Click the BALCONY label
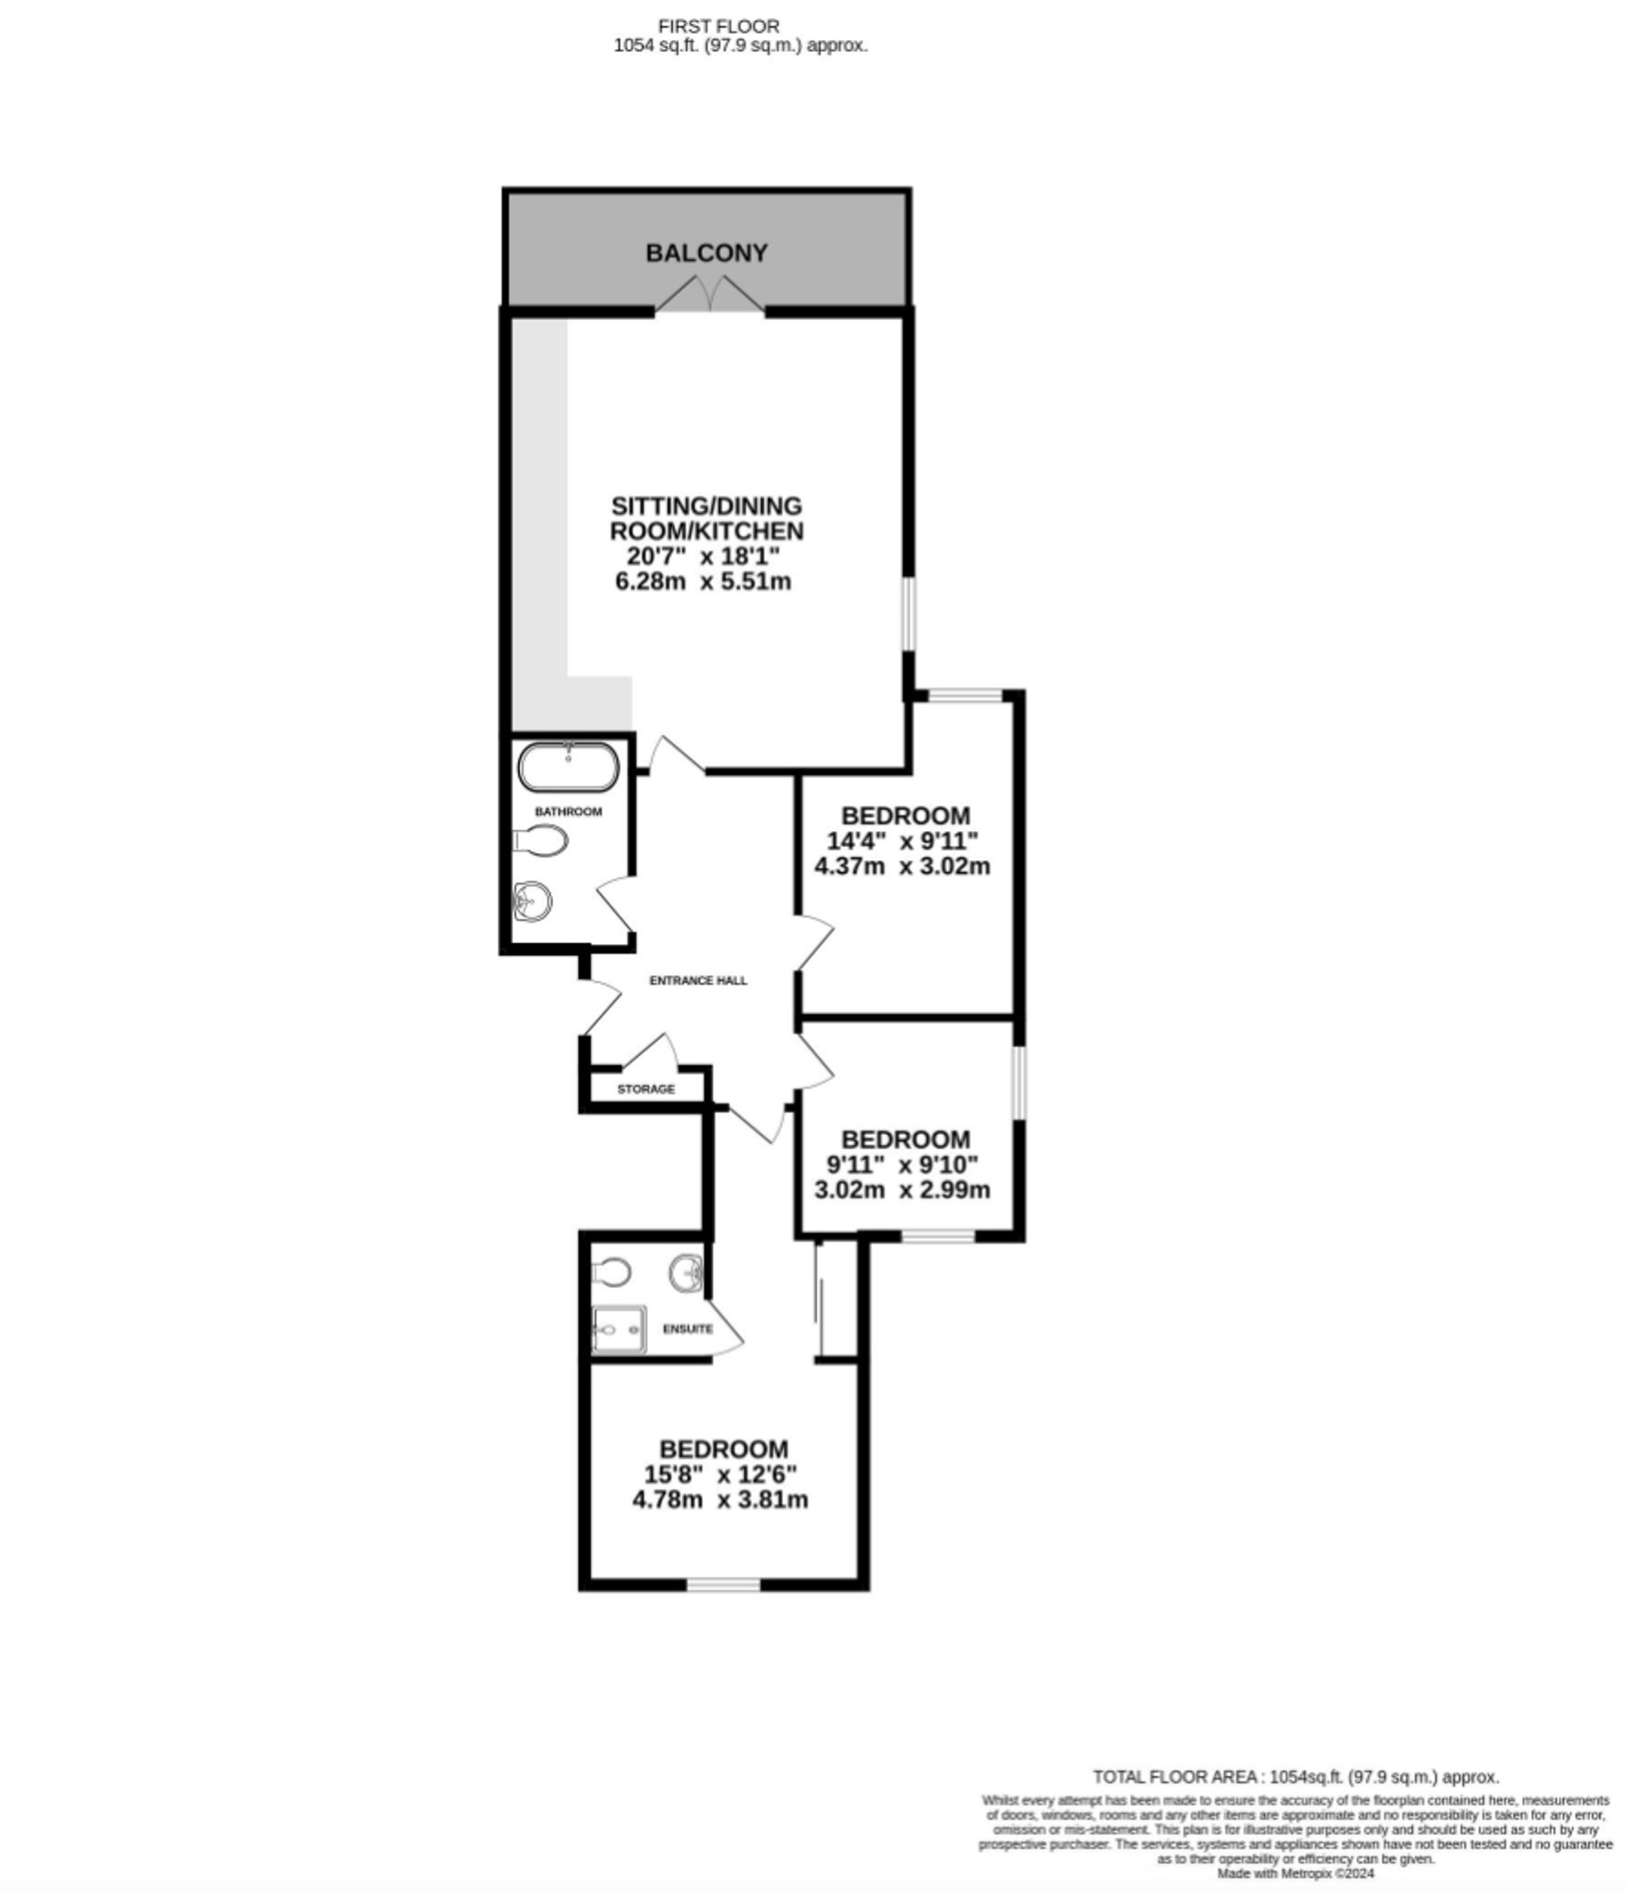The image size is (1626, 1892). tap(706, 253)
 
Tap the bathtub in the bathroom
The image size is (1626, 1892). tap(567, 766)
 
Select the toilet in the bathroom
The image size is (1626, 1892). tap(541, 840)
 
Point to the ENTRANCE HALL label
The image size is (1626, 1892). tap(698, 980)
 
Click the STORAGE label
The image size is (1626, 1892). tap(646, 1089)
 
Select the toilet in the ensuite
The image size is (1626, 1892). tap(611, 1270)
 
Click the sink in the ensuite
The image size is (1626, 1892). tap(685, 1272)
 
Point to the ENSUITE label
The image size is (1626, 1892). tap(688, 1329)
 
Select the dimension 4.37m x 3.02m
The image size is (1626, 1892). tap(902, 866)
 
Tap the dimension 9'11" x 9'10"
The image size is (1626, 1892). tap(902, 1164)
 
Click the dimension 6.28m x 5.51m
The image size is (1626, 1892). tap(703, 581)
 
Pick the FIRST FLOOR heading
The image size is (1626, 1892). tap(719, 27)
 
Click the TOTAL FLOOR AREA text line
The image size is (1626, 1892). tap(1295, 1777)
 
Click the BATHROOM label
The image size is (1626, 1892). tap(567, 811)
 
